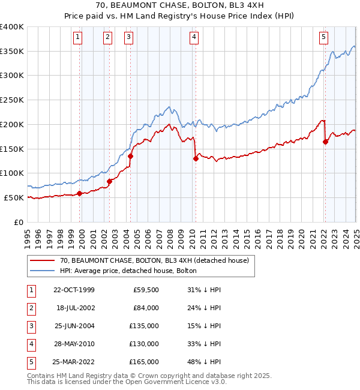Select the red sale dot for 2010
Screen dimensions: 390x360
196,159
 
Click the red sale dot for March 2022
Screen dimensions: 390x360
325,142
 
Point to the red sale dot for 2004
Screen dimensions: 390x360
130,156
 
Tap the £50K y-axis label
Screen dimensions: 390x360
14,197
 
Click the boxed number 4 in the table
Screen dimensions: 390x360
30,344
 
